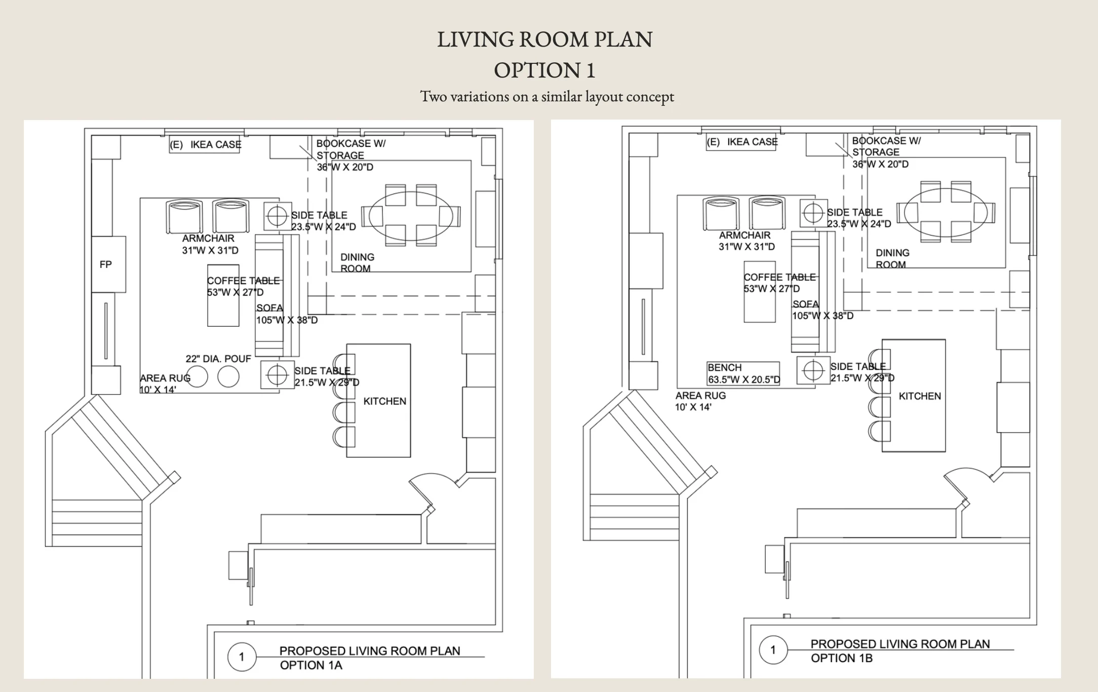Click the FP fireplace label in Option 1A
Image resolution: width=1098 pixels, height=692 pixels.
click(106, 264)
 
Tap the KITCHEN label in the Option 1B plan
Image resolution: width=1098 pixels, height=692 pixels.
click(920, 396)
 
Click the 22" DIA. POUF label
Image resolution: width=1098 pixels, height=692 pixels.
click(218, 359)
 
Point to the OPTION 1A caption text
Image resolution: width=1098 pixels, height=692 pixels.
click(311, 665)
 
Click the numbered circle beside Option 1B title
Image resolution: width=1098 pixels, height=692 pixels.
click(773, 649)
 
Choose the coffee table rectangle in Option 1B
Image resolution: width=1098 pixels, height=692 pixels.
click(760, 292)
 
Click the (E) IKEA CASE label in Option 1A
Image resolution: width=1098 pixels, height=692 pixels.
click(206, 145)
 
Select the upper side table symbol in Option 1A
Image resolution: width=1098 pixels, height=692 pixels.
click(277, 216)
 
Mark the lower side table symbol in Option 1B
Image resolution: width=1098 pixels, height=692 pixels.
click(813, 370)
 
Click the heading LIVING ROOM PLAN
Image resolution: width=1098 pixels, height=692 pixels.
click(545, 40)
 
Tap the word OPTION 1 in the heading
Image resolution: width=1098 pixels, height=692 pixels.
click(545, 70)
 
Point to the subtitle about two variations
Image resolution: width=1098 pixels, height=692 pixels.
click(547, 96)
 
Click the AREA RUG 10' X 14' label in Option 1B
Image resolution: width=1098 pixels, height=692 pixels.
click(700, 401)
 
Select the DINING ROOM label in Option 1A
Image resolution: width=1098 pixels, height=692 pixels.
click(357, 262)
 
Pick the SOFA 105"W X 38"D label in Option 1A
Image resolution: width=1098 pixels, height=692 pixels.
click(287, 314)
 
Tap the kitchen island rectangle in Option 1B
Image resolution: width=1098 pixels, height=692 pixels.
click(914, 396)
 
